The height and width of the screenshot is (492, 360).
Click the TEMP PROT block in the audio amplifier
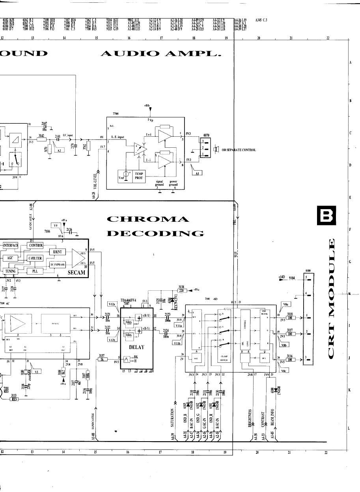pyautogui.click(x=139, y=175)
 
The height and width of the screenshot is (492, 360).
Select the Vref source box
pyautogui.click(x=125, y=175)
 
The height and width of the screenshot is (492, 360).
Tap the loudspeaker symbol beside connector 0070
pyautogui.click(x=216, y=149)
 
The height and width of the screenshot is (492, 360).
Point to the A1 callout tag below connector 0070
pyautogui.click(x=196, y=173)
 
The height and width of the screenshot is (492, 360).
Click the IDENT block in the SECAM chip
pyautogui.click(x=57, y=251)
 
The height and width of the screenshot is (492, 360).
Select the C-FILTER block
pyautogui.click(x=35, y=258)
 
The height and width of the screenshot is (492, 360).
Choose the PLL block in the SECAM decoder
pyautogui.click(x=35, y=271)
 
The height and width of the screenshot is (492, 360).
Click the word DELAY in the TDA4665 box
pyautogui.click(x=136, y=347)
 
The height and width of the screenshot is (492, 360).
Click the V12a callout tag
pyautogui.click(x=111, y=304)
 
